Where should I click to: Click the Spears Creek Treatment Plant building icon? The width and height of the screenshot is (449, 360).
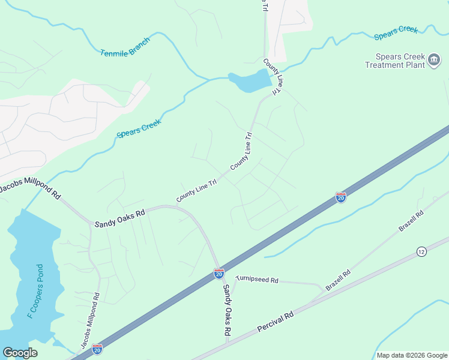click(x=434, y=61)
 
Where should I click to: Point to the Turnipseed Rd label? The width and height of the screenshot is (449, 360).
click(x=258, y=280)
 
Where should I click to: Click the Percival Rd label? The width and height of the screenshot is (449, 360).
click(x=275, y=322)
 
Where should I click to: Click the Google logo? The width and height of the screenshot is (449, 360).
click(x=20, y=353)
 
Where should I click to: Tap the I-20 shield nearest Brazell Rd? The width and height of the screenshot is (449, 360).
click(x=340, y=197)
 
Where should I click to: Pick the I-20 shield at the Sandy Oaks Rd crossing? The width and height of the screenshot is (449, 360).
click(x=219, y=274)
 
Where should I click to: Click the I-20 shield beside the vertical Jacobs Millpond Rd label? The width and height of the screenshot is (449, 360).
click(x=97, y=348)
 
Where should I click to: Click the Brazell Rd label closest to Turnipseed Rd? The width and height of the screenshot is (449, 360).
click(x=338, y=280)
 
